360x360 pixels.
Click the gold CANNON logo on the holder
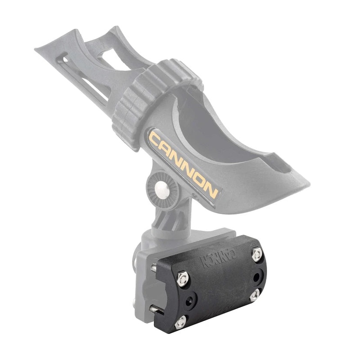coord(184,164)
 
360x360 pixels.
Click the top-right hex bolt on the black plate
coord(257,255)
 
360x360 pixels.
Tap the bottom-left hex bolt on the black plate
coord(181,321)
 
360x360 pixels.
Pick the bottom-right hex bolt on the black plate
coord(254,295)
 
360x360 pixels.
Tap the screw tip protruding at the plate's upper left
coord(154,268)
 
